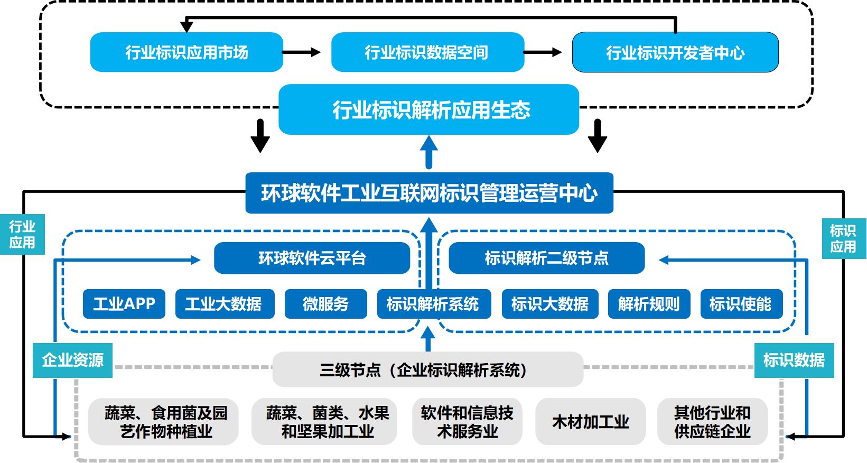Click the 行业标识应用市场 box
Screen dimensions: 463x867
pyautogui.click(x=187, y=52)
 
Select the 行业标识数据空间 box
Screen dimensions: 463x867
pyautogui.click(x=427, y=52)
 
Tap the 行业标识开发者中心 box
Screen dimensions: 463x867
pyautogui.click(x=675, y=52)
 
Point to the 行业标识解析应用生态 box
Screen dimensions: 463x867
pyautogui.click(x=428, y=109)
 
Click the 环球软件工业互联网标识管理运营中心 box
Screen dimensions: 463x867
pyautogui.click(x=429, y=193)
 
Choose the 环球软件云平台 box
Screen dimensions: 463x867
pyautogui.click(x=312, y=258)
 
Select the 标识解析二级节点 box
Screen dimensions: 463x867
pyautogui.click(x=546, y=258)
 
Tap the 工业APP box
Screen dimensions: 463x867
pyautogui.click(x=124, y=304)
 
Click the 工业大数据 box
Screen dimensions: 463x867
pyautogui.click(x=225, y=304)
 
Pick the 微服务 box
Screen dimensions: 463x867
pyautogui.click(x=325, y=304)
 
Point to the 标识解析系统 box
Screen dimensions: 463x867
pyautogui.click(x=433, y=304)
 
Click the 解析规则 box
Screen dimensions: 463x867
pyautogui.click(x=649, y=304)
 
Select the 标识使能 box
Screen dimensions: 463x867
pyautogui.click(x=740, y=304)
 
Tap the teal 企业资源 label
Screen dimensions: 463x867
pyautogui.click(x=72, y=360)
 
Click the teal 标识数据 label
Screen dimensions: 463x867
pyautogui.click(x=794, y=360)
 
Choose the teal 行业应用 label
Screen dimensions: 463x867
pyautogui.click(x=22, y=234)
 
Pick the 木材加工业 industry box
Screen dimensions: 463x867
pyautogui.click(x=590, y=422)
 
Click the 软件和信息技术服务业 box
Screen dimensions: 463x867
pyautogui.click(x=467, y=422)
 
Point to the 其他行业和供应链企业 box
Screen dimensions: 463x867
pyautogui.click(x=712, y=422)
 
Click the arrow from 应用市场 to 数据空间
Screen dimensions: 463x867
pyautogui.click(x=301, y=52)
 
